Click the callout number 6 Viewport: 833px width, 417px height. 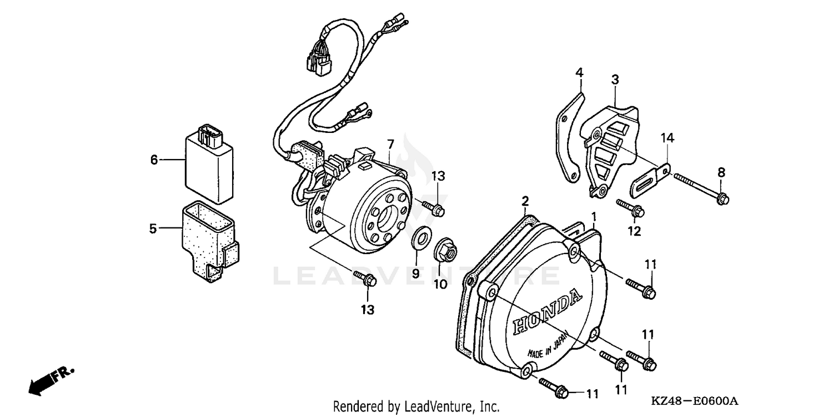pyautogui.click(x=154, y=160)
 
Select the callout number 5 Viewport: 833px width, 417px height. pyautogui.click(x=153, y=228)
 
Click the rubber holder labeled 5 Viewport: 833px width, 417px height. pyautogui.click(x=208, y=239)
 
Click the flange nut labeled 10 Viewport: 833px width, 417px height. pyautogui.click(x=445, y=251)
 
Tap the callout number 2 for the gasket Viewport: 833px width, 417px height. pyautogui.click(x=525, y=201)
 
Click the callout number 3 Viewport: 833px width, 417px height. pyautogui.click(x=615, y=80)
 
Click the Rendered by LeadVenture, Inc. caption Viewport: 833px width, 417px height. pyautogui.click(x=416, y=406)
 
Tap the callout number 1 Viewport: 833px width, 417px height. pyautogui.click(x=594, y=216)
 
